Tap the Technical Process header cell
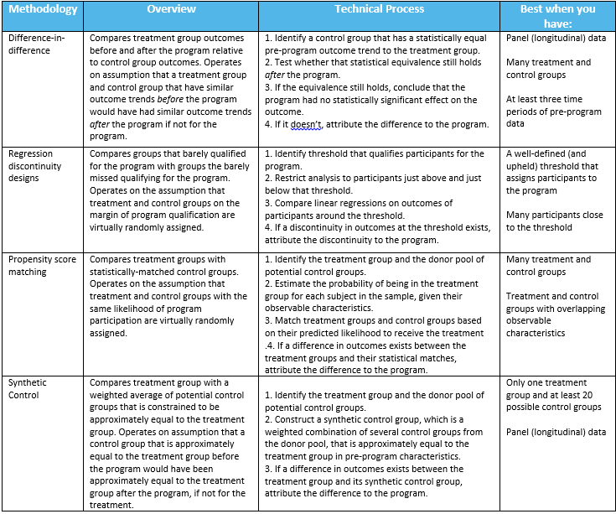(x=379, y=10)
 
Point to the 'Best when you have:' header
(x=557, y=16)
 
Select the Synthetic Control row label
(x=28, y=388)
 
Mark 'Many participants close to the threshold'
(x=554, y=221)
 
